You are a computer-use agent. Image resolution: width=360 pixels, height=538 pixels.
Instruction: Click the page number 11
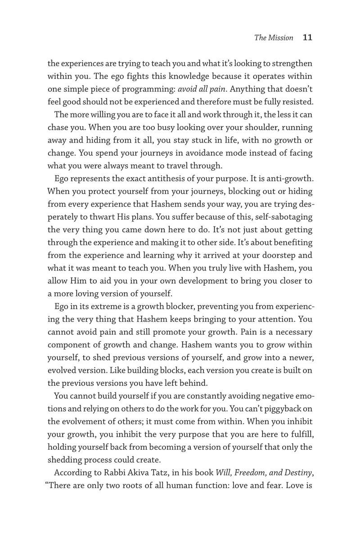pos(307,38)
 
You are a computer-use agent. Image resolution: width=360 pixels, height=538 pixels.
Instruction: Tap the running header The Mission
pos(274,38)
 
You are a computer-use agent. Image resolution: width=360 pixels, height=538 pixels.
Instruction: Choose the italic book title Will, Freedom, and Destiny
pos(264,473)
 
